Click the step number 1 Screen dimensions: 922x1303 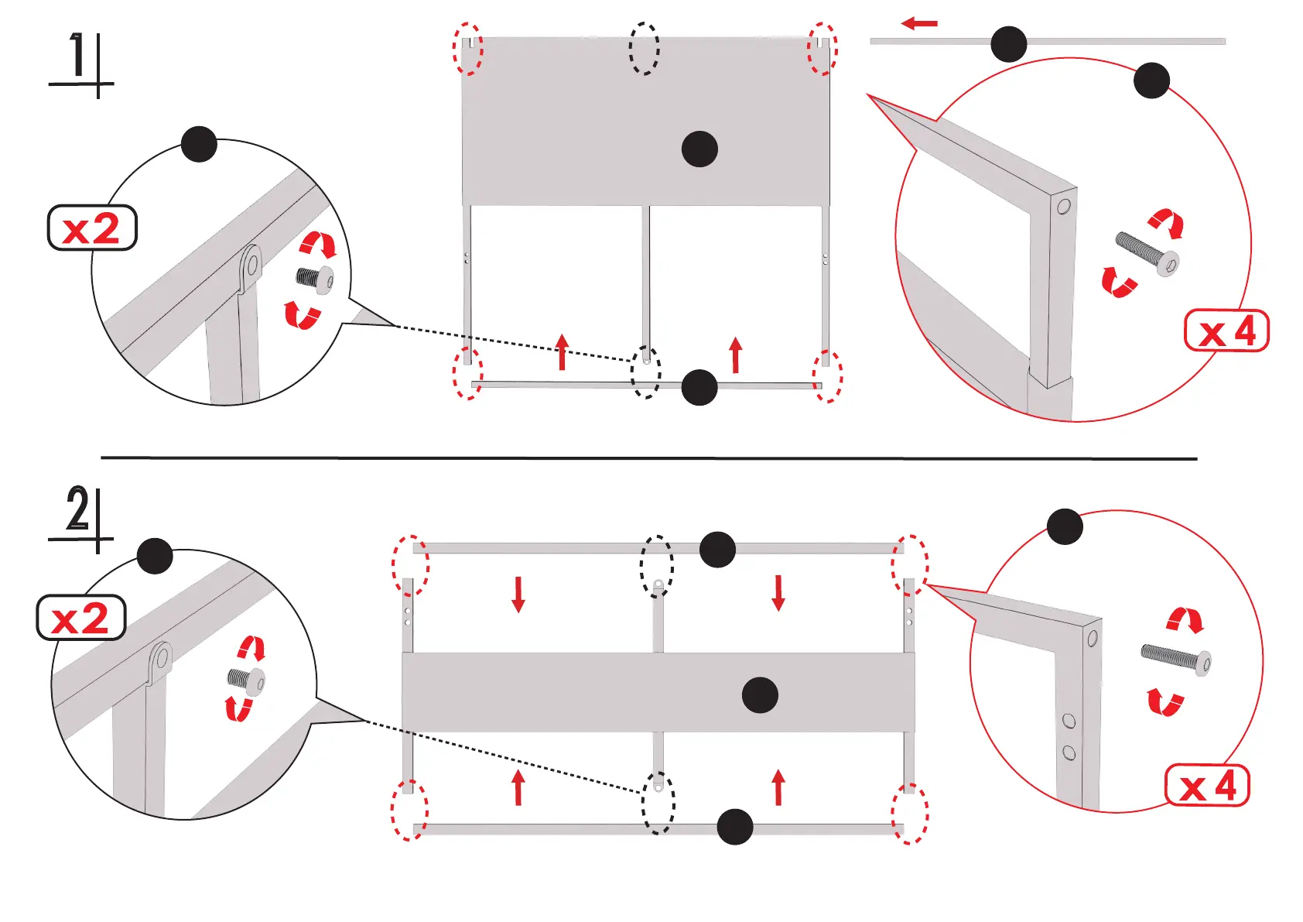77,56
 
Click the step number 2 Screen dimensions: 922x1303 77,509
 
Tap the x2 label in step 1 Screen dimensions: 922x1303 92,228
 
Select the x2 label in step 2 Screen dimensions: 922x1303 81,618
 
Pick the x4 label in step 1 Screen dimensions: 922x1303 1227,331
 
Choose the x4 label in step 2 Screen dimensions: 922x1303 1207,787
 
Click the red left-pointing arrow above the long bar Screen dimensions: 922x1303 919,24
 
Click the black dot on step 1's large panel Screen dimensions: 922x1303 699,149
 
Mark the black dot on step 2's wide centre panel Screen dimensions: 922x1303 760,694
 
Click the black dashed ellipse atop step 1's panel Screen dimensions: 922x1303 644,48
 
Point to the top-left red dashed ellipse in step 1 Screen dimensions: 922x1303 467,48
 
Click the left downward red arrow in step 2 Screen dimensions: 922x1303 518,593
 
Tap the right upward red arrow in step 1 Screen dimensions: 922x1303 736,355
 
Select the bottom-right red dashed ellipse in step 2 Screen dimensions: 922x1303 910,813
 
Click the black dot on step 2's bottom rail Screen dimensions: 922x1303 735,827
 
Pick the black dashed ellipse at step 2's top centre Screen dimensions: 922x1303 656,566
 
